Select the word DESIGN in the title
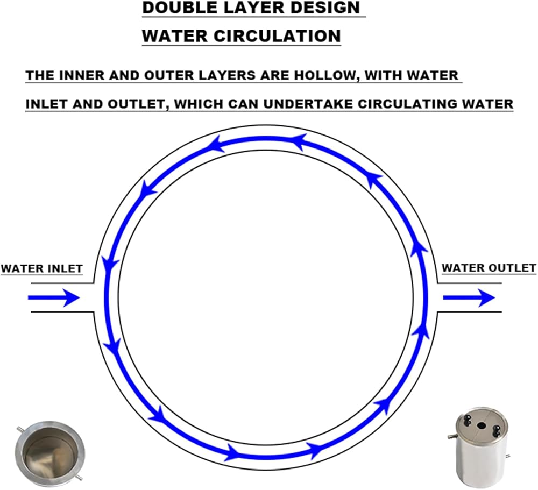325,8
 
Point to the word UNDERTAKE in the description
308,104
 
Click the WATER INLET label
41,268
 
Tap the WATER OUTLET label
489,268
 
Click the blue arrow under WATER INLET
54,297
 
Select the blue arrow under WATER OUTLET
469,297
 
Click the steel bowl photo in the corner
49,450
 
